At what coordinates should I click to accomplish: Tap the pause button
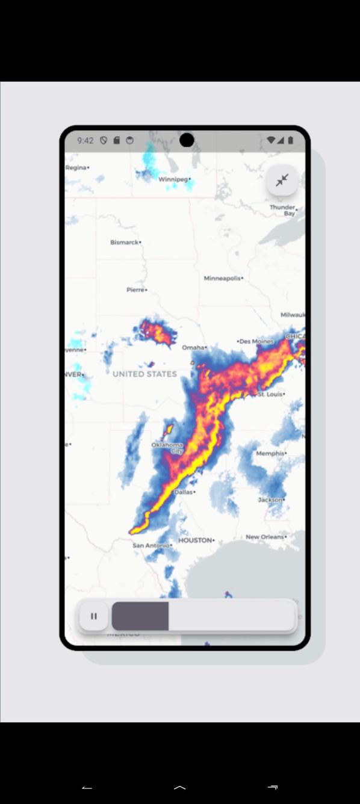pyautogui.click(x=93, y=616)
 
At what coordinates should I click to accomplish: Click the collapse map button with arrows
pyautogui.click(x=282, y=179)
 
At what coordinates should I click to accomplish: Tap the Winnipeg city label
pyautogui.click(x=173, y=179)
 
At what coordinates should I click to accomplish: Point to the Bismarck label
pyautogui.click(x=125, y=243)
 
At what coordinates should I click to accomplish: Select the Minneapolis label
pyautogui.click(x=222, y=279)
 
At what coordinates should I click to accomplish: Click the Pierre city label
pyautogui.click(x=135, y=289)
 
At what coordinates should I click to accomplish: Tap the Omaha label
pyautogui.click(x=193, y=347)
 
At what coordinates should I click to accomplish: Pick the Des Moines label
pyautogui.click(x=256, y=341)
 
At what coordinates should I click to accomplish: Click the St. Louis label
pyautogui.click(x=270, y=394)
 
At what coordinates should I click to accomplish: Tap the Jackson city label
pyautogui.click(x=270, y=499)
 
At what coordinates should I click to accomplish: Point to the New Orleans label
pyautogui.click(x=265, y=537)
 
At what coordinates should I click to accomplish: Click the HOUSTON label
pyautogui.click(x=195, y=540)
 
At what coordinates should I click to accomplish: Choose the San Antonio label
pyautogui.click(x=151, y=545)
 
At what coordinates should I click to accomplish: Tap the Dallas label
pyautogui.click(x=184, y=492)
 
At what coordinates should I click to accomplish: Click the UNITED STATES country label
pyautogui.click(x=144, y=374)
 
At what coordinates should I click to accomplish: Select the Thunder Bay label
pyautogui.click(x=282, y=210)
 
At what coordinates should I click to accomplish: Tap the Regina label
pyautogui.click(x=76, y=168)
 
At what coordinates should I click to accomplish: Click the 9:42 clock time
pyautogui.click(x=85, y=140)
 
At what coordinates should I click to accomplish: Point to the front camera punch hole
pyautogui.click(x=187, y=140)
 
